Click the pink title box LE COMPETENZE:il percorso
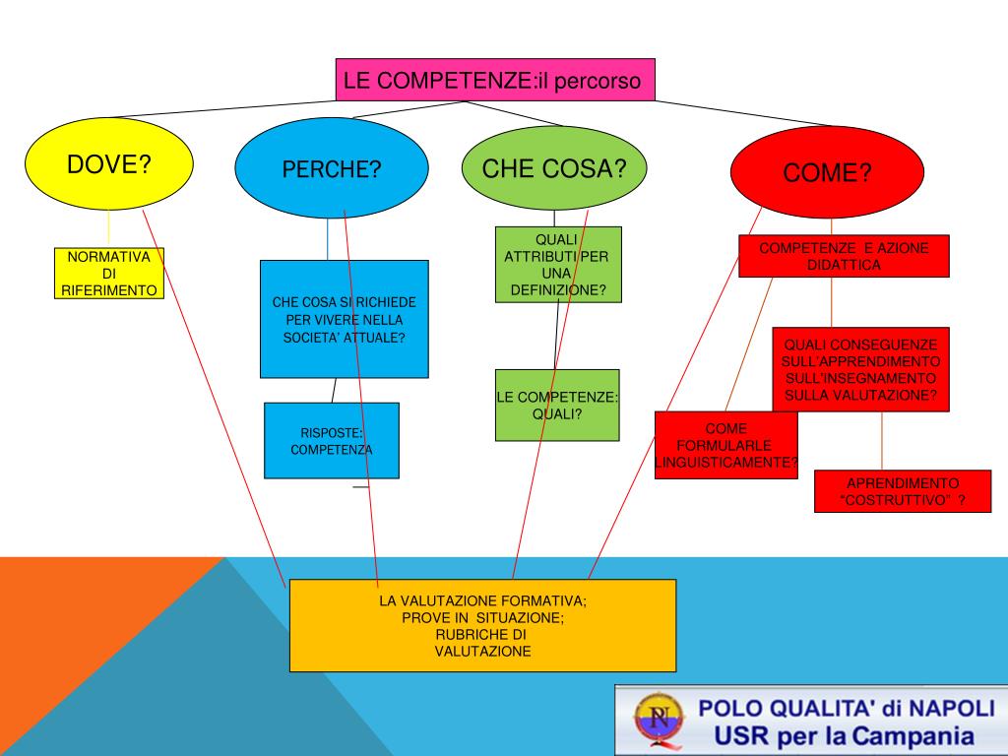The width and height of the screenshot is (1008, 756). tap(495, 80)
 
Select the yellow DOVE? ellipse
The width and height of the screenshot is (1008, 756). tap(108, 164)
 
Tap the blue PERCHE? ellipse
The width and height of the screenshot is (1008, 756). tap(331, 168)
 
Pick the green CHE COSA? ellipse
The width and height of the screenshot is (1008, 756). tap(554, 167)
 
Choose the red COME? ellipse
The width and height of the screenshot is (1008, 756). tap(827, 172)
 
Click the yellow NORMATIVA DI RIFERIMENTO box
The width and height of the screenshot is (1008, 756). tap(108, 273)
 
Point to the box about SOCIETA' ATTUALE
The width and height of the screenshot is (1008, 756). tap(344, 319)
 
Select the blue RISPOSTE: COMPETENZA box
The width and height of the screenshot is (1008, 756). tap(331, 440)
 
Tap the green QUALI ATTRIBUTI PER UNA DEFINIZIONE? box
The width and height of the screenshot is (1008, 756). tap(557, 264)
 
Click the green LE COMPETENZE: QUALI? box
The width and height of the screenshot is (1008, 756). tap(557, 405)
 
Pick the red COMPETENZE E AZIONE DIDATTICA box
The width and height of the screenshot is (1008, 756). tap(844, 256)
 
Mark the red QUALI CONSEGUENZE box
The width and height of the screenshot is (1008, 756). tap(860, 369)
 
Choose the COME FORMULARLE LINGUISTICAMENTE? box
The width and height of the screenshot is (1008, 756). tap(725, 445)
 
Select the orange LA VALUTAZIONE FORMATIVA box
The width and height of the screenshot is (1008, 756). tap(482, 625)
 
